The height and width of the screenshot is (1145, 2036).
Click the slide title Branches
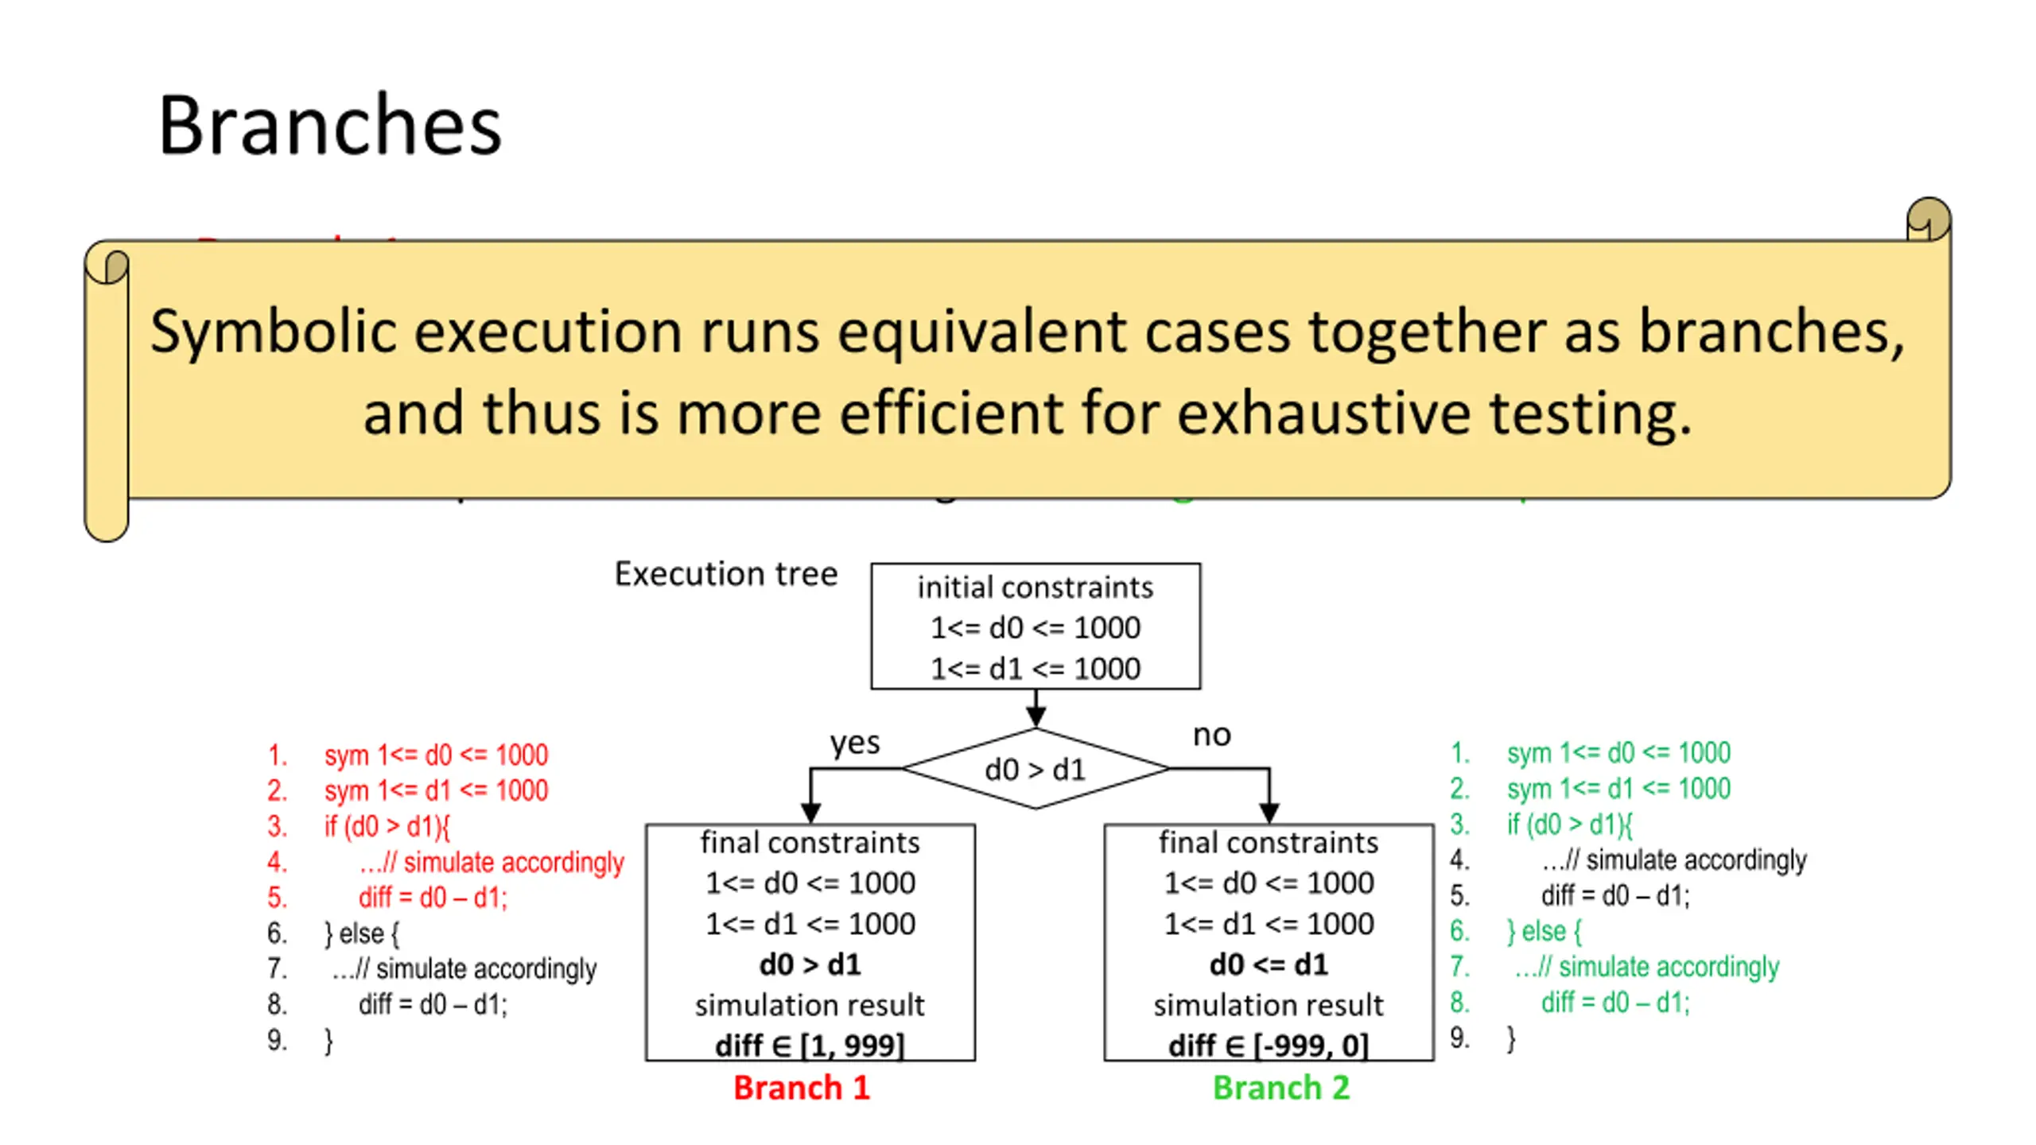(x=329, y=126)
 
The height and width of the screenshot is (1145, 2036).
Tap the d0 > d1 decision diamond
(x=1035, y=769)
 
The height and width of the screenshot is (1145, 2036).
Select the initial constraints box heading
(x=1035, y=588)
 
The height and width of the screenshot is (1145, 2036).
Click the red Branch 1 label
(x=801, y=1087)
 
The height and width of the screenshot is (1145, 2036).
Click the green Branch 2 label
(x=1280, y=1087)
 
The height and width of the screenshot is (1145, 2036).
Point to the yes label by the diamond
(x=855, y=743)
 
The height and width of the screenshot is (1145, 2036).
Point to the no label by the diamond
(x=1211, y=736)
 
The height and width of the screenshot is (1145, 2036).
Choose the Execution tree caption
(x=725, y=573)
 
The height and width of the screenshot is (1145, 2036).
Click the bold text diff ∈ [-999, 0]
(x=1269, y=1045)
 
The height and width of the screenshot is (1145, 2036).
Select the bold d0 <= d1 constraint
(x=1269, y=965)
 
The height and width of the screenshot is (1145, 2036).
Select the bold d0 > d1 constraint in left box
(x=810, y=965)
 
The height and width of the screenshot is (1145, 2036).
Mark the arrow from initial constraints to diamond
(x=1035, y=708)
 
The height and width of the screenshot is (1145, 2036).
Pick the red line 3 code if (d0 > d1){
(x=387, y=826)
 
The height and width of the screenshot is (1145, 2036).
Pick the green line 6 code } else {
(x=1544, y=930)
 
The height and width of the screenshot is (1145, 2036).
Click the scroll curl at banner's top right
(x=1928, y=219)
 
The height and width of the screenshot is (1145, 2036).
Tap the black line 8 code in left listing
(x=432, y=1004)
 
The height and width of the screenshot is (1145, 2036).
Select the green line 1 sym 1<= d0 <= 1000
(x=1618, y=752)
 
